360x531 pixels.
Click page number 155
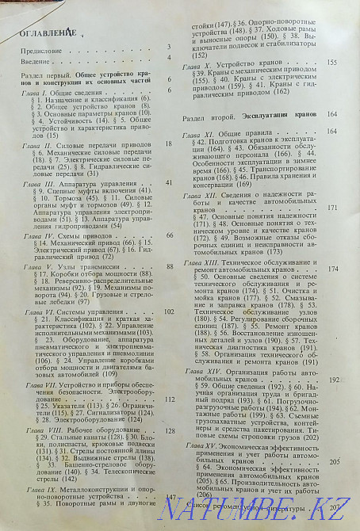[332, 62]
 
